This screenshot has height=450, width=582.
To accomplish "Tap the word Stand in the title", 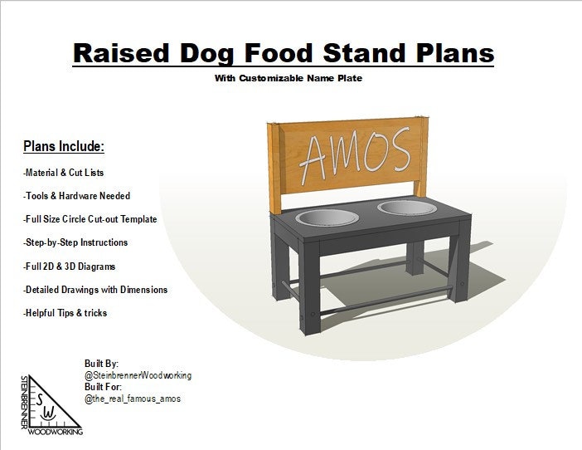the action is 365,53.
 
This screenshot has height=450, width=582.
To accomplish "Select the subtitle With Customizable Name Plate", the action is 288,78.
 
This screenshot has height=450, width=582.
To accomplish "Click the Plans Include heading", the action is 64,146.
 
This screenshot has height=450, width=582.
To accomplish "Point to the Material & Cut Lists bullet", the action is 63,173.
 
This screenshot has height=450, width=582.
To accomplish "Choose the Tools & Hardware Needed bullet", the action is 76,196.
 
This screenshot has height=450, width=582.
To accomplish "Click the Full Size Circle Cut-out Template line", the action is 90,219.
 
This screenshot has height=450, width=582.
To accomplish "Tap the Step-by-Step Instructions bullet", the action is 75,242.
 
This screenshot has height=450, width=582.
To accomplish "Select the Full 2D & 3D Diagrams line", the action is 69,267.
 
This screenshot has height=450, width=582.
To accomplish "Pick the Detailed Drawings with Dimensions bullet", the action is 95,290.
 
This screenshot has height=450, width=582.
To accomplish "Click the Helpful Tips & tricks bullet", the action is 65,313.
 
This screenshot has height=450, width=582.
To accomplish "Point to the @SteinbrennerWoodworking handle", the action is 138,375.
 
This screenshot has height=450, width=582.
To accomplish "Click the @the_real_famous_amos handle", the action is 133,399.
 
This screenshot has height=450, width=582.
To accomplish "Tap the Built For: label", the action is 103,387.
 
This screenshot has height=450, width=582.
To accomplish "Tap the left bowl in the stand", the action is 327,218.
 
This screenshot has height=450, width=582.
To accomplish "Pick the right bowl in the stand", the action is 407,208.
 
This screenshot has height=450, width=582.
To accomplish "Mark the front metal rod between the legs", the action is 386,301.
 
